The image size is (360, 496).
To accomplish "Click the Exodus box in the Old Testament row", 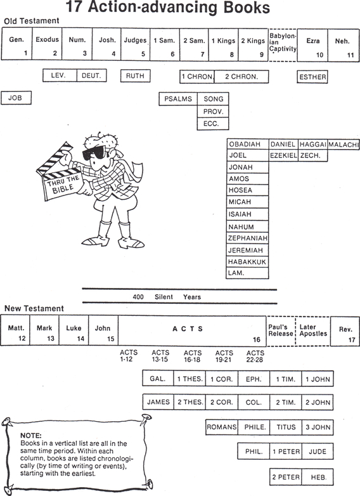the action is point(47,44).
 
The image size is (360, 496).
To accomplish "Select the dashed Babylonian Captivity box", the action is point(283,44).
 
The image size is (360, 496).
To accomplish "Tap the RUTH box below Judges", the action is point(135,76).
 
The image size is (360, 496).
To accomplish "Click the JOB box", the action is point(16,98).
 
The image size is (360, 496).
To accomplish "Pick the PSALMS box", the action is point(178,99).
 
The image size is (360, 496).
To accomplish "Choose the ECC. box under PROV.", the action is point(213,124).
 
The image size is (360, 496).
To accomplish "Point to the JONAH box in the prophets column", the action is point(247,167).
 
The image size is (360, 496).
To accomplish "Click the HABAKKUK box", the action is point(247,262).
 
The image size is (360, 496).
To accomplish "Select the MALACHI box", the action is point(344,145).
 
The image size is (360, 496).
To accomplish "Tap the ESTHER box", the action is point(312,77).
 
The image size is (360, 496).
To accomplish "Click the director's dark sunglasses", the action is point(94,153).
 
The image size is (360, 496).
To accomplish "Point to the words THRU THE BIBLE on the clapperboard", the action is point(63,184).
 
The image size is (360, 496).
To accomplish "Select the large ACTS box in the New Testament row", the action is point(192,330).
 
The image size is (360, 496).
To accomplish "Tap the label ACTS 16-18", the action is point(192,356).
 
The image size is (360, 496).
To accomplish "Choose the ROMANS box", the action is point(222,427).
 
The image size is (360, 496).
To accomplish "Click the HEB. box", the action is point(318,477).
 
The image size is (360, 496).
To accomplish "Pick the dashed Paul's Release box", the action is point(281,330).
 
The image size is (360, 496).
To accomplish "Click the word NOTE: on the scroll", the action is point(30,435).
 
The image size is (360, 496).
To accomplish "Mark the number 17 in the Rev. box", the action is point(352,340).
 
